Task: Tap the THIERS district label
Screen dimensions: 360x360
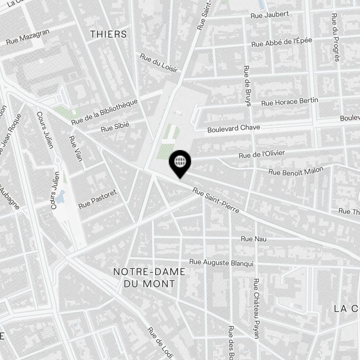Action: point(108,34)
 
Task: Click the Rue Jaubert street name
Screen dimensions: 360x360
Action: point(270,15)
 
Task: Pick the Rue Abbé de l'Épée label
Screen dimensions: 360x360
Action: point(282,42)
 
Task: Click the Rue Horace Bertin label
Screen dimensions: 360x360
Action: point(289,102)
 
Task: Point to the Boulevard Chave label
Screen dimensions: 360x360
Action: point(234,128)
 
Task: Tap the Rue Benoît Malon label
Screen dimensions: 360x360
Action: point(296,171)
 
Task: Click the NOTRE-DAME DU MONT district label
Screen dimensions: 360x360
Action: point(149,278)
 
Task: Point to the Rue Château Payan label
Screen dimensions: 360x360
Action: point(256,308)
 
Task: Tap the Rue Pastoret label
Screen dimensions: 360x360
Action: point(98,199)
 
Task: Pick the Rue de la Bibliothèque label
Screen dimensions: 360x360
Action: point(104,112)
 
